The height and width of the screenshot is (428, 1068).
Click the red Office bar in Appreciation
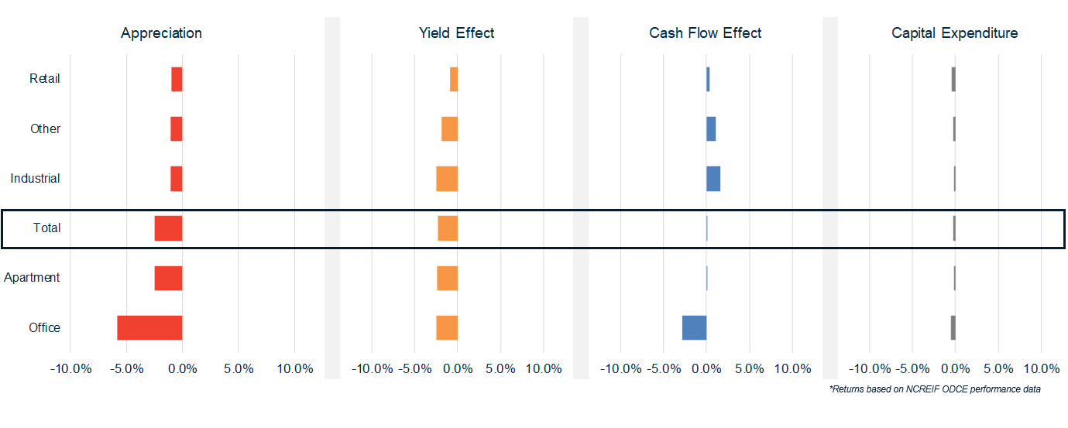click(x=149, y=327)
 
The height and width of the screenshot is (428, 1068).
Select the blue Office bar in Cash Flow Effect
click(x=694, y=327)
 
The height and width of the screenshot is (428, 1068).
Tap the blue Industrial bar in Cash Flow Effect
click(x=713, y=179)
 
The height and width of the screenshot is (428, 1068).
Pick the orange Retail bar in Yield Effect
click(x=454, y=79)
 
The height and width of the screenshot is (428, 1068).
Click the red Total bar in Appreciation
click(x=168, y=228)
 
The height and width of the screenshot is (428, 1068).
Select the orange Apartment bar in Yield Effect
click(x=447, y=278)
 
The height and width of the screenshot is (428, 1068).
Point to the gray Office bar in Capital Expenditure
click(x=953, y=327)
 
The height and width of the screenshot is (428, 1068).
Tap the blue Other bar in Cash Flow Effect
click(x=711, y=128)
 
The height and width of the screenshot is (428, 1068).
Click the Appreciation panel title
click(x=161, y=33)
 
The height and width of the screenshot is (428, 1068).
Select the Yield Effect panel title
click(x=456, y=33)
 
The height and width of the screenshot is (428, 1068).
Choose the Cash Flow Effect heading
click(x=705, y=33)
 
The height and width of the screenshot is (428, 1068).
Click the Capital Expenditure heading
click(x=954, y=33)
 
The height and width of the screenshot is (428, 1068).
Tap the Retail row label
click(x=45, y=79)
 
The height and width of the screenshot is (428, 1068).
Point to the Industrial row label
click(x=35, y=179)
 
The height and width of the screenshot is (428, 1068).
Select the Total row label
click(x=46, y=228)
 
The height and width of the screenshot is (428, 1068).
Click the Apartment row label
click(x=32, y=278)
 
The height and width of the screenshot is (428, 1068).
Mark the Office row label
click(x=44, y=327)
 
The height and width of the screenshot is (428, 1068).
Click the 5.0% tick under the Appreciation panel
click(x=239, y=368)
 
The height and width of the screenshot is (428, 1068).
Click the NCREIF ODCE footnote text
click(x=935, y=389)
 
